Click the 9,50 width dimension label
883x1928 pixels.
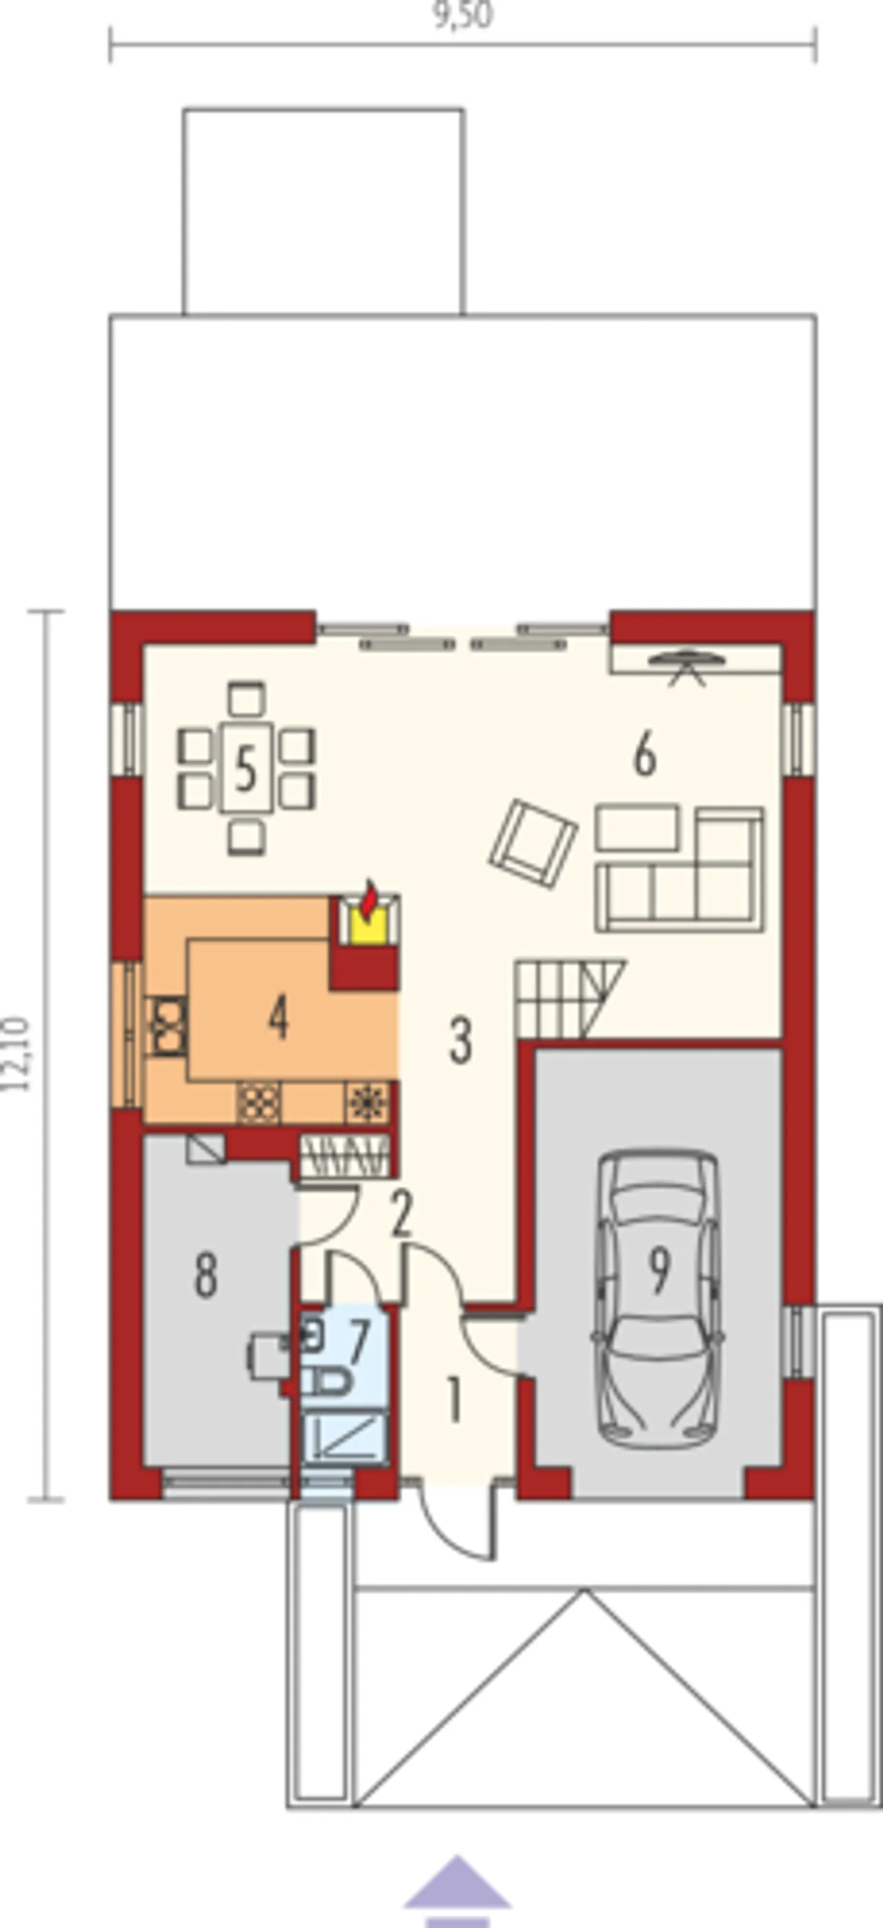pos(463,15)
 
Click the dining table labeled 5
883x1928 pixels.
pos(246,767)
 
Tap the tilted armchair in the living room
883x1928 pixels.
pos(533,844)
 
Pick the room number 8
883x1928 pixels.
pos(206,1275)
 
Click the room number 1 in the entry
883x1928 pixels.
pos(453,1400)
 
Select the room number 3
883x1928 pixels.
pos(460,1040)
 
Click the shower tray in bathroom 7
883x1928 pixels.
pos(344,1437)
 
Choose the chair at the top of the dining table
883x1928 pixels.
pos(247,699)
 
